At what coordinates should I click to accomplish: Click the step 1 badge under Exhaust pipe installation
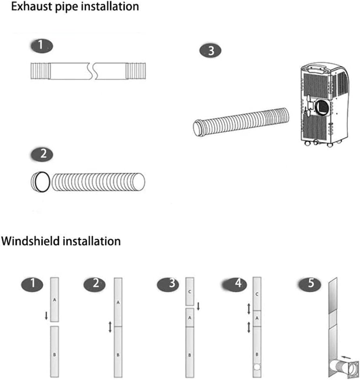(41, 46)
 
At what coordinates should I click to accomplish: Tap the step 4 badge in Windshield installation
(237, 283)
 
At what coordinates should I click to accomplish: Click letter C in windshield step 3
(190, 292)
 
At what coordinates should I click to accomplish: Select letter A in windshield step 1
(54, 300)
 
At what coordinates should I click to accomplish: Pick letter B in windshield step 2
(118, 355)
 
